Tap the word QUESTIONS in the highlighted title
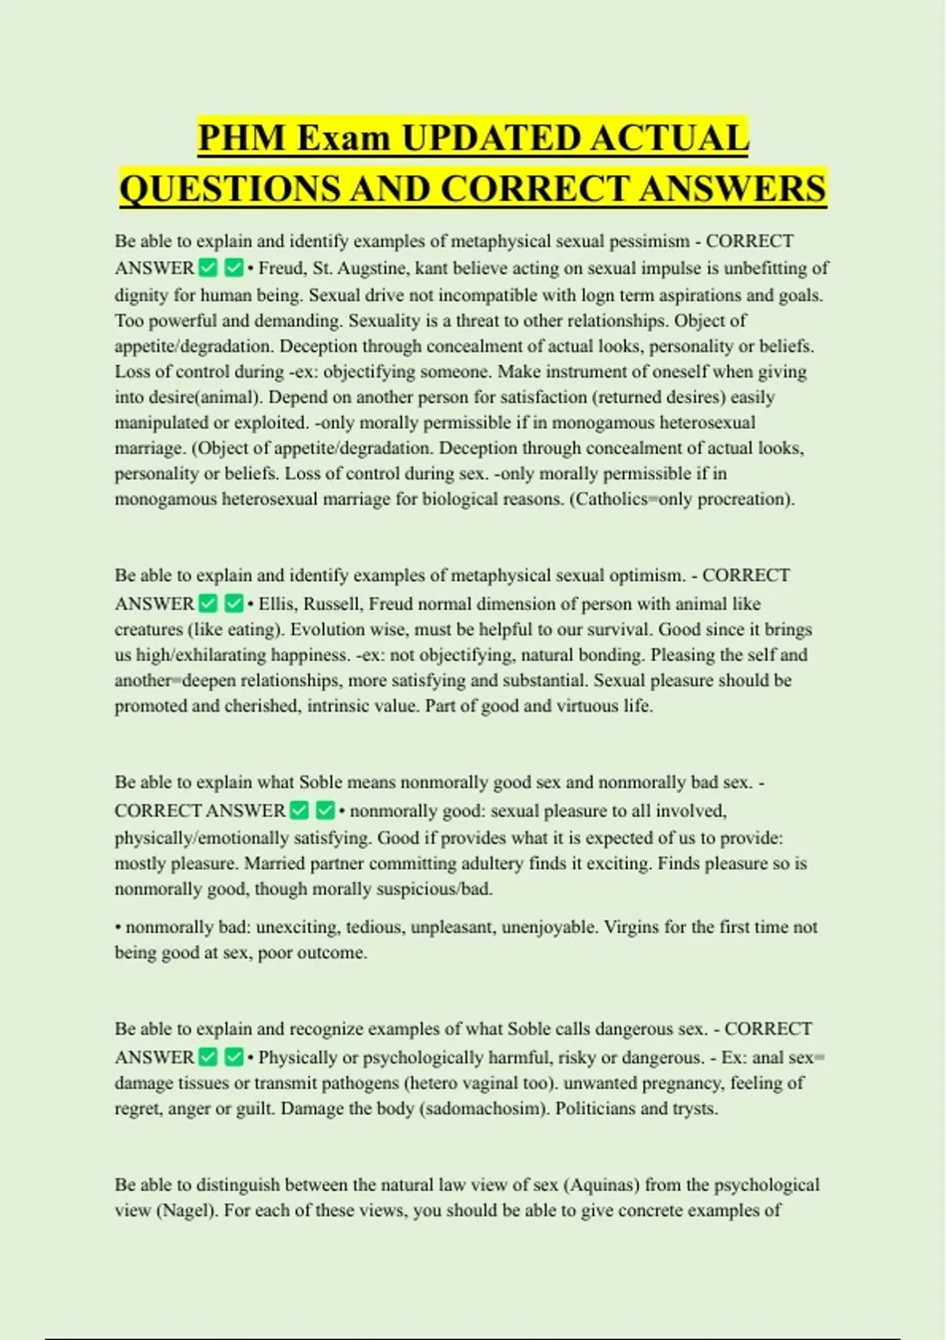[x=229, y=189]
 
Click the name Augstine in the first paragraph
[x=372, y=268]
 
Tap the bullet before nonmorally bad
[x=118, y=927]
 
